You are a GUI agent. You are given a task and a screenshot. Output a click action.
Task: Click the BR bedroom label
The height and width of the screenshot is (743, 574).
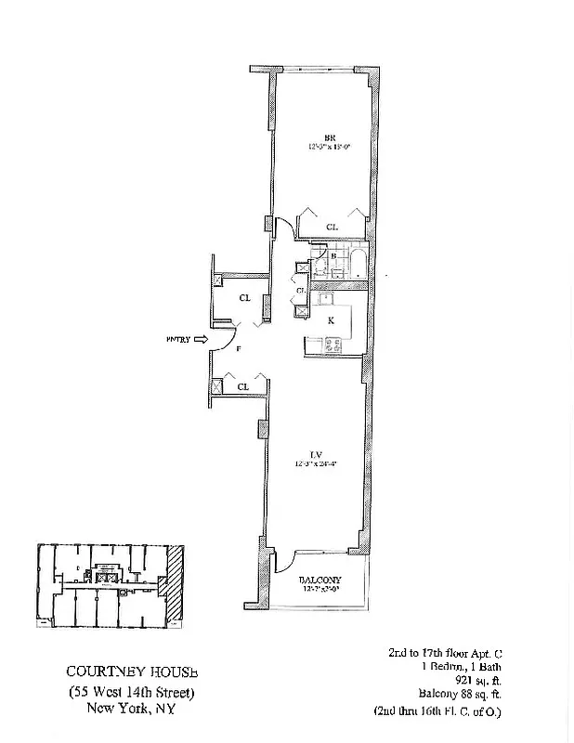coord(316,136)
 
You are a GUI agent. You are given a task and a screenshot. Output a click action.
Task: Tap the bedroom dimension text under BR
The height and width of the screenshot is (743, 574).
coord(320,147)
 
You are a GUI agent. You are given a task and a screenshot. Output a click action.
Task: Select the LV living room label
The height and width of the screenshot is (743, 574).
coord(316,453)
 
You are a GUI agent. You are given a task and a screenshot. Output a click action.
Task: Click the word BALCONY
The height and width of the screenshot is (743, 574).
coord(320,580)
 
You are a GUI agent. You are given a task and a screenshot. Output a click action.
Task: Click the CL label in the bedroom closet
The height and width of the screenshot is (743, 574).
coord(332,227)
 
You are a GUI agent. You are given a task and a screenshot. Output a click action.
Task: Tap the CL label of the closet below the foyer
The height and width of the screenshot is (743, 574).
coord(242,385)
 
